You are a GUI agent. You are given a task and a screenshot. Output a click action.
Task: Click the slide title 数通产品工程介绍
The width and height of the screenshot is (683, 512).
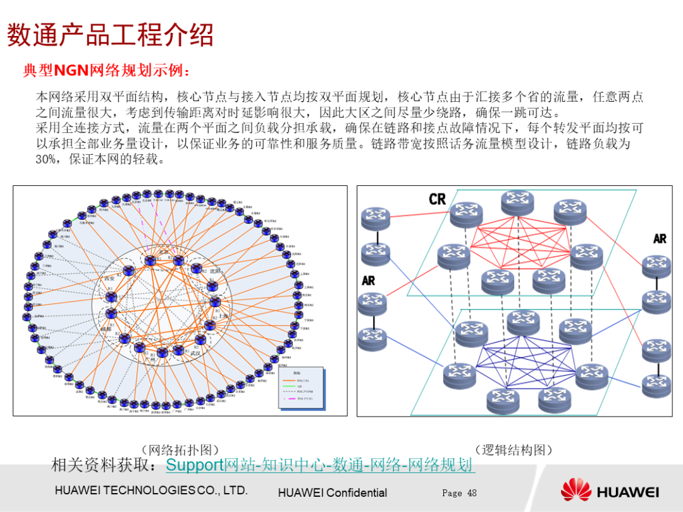point(110,35)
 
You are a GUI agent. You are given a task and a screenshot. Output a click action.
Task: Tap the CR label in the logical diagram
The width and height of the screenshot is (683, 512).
point(437,199)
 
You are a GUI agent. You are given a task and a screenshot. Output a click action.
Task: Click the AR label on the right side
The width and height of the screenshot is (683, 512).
point(660,239)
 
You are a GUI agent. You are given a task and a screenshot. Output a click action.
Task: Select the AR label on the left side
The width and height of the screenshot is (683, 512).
point(369,280)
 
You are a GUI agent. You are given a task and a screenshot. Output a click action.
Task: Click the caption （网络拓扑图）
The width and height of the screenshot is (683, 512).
point(180,450)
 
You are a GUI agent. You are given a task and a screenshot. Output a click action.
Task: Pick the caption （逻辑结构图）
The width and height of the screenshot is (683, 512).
point(513,450)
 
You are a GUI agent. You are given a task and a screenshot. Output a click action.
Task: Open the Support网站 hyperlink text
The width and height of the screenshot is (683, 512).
point(195,466)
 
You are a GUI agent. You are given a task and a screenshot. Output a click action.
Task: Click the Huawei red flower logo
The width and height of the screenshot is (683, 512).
point(575,491)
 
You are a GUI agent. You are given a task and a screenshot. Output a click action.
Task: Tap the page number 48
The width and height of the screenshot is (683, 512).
point(472,493)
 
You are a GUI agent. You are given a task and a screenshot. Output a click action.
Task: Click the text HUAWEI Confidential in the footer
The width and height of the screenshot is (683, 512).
point(332,493)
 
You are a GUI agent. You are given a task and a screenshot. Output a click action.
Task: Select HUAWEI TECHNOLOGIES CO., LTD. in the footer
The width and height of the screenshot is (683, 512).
point(151,491)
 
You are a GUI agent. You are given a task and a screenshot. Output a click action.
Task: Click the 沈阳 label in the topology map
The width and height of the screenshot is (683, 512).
point(216,271)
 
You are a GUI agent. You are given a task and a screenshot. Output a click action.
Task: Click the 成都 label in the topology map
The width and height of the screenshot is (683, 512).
point(105,329)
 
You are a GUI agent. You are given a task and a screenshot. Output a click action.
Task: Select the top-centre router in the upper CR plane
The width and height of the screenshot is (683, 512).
point(517,202)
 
